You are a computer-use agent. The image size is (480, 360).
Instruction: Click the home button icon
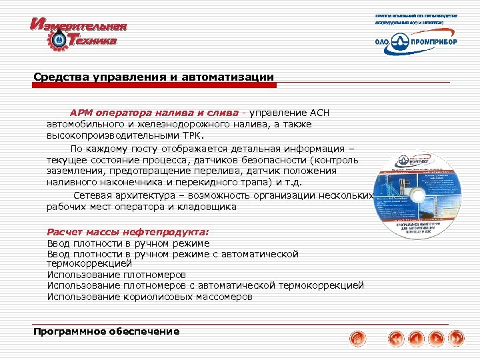pos(358,338)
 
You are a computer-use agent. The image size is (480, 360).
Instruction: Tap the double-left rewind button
pos(396,338)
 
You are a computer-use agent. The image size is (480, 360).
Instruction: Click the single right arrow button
pos(437,338)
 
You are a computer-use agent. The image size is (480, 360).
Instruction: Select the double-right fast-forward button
pos(457,338)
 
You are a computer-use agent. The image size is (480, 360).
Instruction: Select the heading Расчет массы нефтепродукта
pos(127,232)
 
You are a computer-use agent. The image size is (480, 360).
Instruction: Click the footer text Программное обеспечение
pos(107,331)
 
